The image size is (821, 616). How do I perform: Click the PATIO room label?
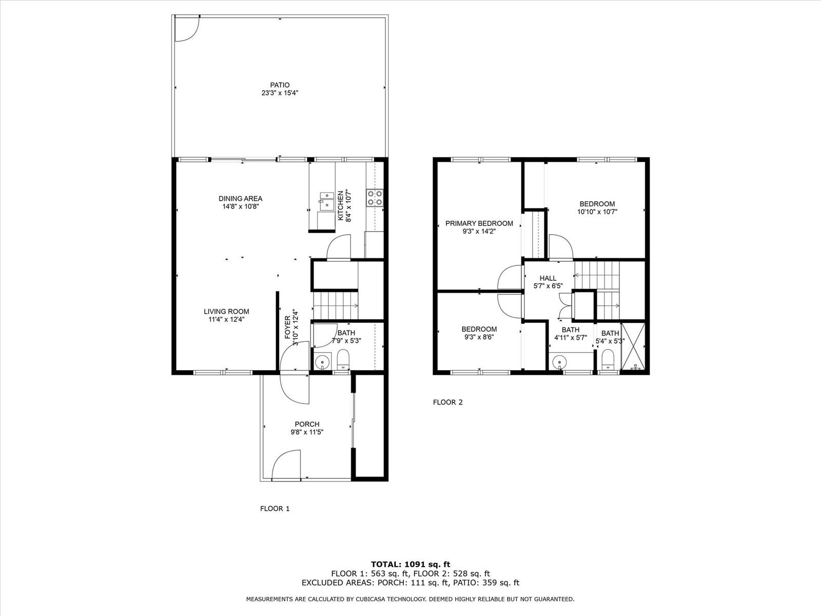coord(280,85)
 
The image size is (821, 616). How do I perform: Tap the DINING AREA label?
coord(241,199)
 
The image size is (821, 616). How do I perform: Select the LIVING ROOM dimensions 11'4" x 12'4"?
coord(226,319)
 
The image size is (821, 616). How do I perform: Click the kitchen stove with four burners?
coord(375,198)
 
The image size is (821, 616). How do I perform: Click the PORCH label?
coord(307,424)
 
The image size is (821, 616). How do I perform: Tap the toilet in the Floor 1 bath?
coord(343,359)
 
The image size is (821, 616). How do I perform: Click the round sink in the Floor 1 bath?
coord(322,362)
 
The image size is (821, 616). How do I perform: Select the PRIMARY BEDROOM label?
coord(479,223)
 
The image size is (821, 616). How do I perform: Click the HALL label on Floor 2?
coord(548,278)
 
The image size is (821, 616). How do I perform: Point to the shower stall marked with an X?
coord(633,346)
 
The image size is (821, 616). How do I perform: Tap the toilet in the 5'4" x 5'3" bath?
coord(608,359)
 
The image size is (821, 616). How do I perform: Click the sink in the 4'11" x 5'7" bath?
coord(559,362)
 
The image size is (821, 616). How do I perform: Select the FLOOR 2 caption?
coord(448,402)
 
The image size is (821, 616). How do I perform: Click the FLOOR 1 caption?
coord(275,509)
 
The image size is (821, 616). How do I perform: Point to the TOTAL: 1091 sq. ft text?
coord(411,564)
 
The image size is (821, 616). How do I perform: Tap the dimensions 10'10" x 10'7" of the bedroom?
coord(597,211)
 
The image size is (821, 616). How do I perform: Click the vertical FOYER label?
coord(288,328)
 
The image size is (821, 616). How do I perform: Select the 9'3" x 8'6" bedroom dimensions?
coord(479,337)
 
